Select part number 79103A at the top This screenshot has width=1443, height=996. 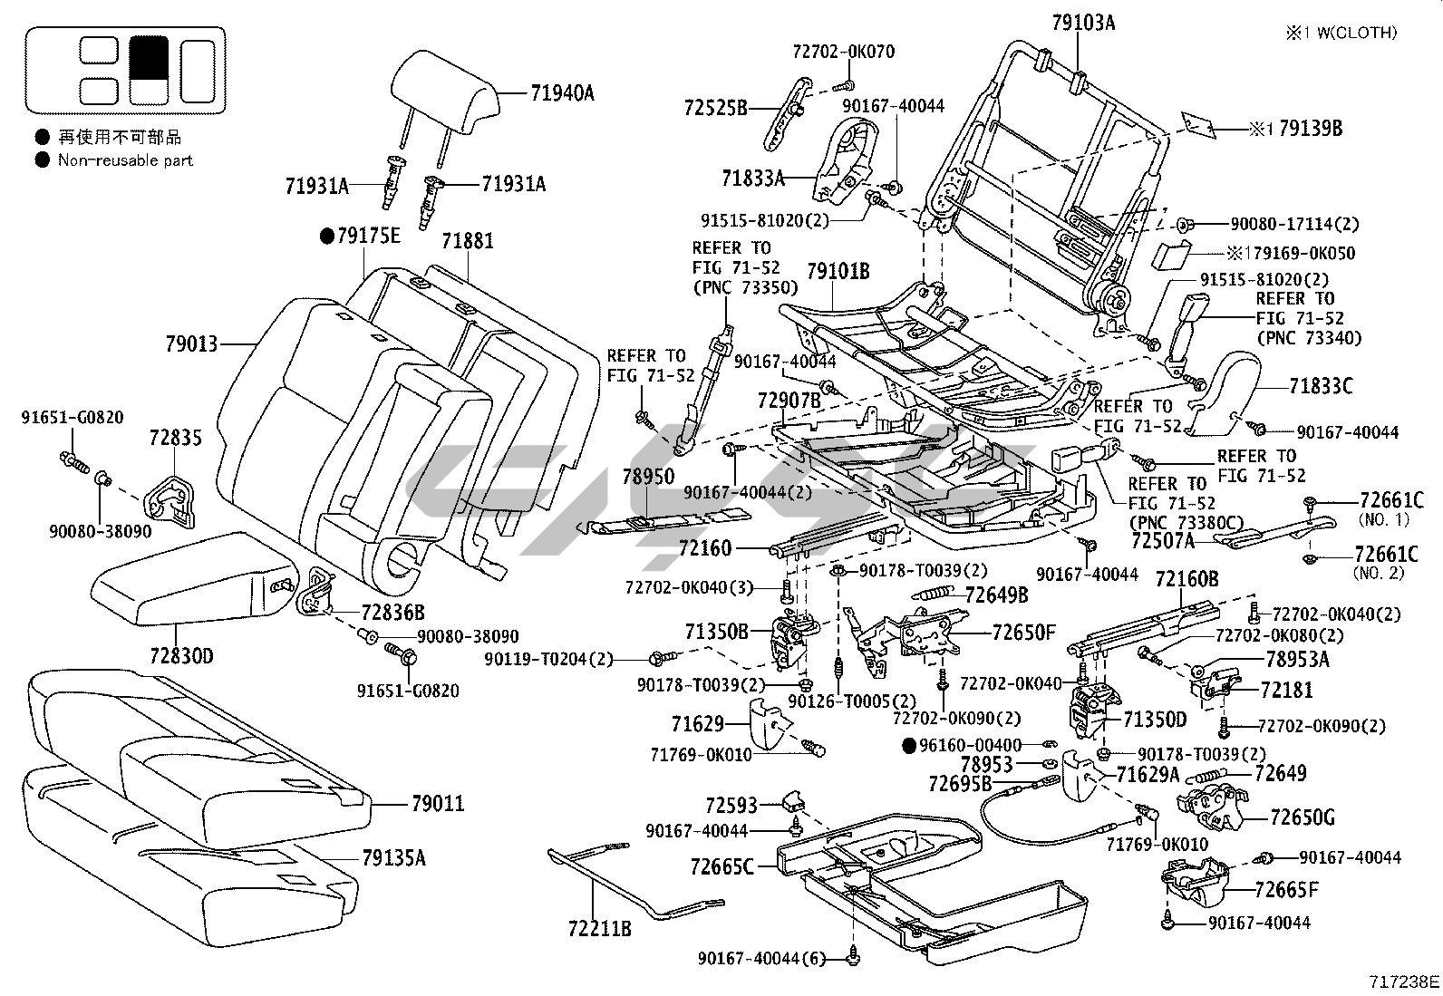[1083, 23]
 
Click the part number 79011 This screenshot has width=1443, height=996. [438, 803]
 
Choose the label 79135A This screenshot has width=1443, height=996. [393, 857]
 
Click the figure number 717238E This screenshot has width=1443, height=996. [1404, 981]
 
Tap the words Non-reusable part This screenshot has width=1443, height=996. [125, 160]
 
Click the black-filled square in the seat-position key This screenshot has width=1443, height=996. [148, 55]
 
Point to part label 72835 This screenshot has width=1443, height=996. [176, 439]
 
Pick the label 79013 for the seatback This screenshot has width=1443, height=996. [192, 344]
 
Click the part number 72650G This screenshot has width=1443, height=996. [1303, 817]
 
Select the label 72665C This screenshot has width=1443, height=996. [721, 867]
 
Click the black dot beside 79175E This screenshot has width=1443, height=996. [327, 237]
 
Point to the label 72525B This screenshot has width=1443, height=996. [716, 109]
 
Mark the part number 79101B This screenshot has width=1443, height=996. [838, 271]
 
